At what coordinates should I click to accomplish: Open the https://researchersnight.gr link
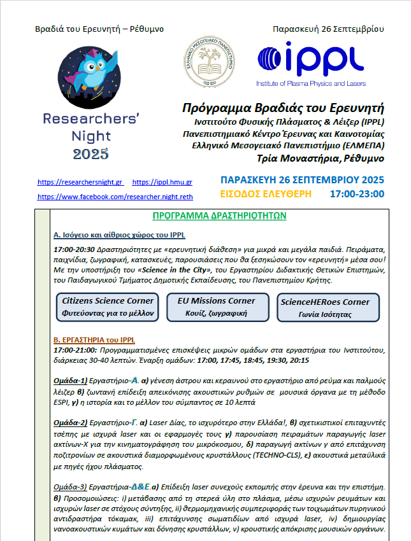(x=80, y=182)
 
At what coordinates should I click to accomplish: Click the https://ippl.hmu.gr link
(x=162, y=182)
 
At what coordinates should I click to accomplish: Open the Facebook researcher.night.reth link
(x=115, y=197)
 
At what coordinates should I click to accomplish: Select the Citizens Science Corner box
(x=108, y=306)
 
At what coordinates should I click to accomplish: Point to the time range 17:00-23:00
(x=357, y=193)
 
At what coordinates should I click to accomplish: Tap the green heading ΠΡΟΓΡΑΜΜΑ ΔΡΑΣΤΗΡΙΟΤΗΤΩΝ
(x=219, y=216)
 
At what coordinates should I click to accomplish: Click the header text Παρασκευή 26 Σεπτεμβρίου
(x=328, y=29)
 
